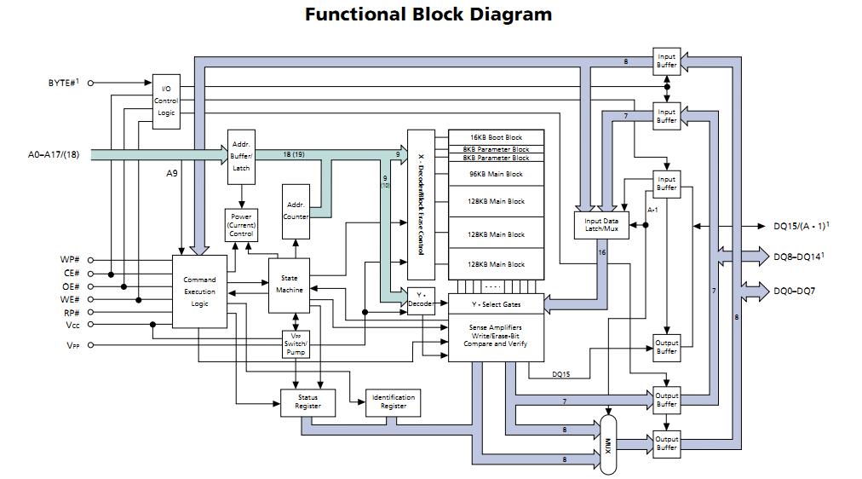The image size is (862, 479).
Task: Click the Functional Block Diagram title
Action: click(428, 14)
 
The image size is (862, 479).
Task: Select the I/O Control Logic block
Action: click(166, 101)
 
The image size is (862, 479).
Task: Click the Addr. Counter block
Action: click(296, 211)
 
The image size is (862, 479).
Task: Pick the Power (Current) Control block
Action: click(241, 225)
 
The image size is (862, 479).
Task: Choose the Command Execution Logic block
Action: click(199, 291)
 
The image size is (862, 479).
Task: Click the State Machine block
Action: click(289, 284)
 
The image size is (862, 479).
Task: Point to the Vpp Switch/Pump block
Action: click(296, 343)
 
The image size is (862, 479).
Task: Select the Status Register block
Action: click(307, 401)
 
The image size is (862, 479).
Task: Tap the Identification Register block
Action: click(393, 401)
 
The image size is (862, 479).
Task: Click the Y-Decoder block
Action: click(420, 300)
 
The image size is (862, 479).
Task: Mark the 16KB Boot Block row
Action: click(496, 137)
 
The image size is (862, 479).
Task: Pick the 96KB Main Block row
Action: click(496, 174)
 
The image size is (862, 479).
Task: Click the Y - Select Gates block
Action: click(496, 304)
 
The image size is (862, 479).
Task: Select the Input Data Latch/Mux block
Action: click(601, 225)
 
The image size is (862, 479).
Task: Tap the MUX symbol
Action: click(607, 443)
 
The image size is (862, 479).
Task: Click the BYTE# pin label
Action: click(62, 83)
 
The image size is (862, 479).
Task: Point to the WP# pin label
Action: click(70, 260)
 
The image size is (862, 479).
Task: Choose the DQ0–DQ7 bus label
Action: click(794, 291)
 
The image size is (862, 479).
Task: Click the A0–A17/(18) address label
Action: click(54, 155)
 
